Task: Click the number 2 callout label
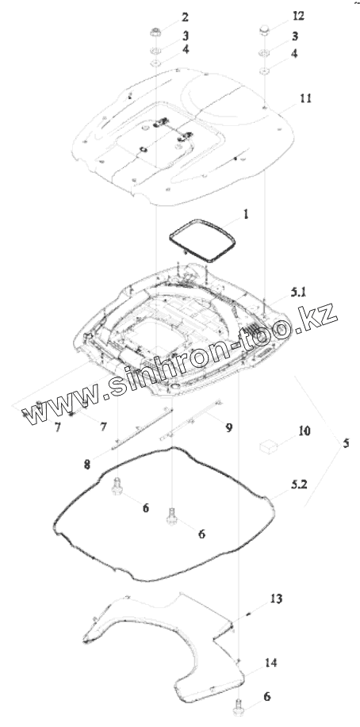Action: coord(185,17)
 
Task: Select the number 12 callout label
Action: coord(298,15)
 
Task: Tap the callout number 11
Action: coord(305,98)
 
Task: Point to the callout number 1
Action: coord(246,214)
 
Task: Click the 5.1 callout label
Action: coord(299,292)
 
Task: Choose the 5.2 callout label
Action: coord(299,485)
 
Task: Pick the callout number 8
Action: coord(87,465)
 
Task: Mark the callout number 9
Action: coord(228,427)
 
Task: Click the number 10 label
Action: coord(304,431)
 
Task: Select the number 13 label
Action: coord(276,599)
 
